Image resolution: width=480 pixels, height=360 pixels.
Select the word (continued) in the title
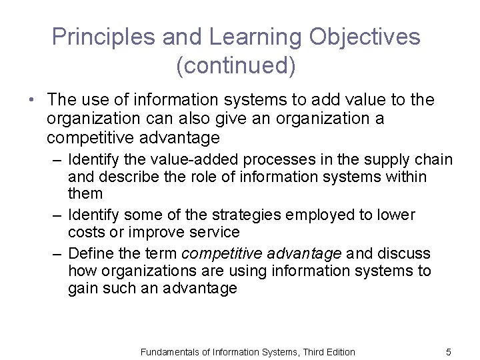236,67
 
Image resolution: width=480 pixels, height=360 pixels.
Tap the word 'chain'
435,160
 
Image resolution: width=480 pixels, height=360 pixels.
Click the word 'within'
405,177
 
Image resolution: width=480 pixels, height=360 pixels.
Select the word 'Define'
91,254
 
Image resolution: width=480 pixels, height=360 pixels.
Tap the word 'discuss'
405,254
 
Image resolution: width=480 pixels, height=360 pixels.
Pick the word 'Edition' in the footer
339,352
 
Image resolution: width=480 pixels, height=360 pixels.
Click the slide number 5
449,352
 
